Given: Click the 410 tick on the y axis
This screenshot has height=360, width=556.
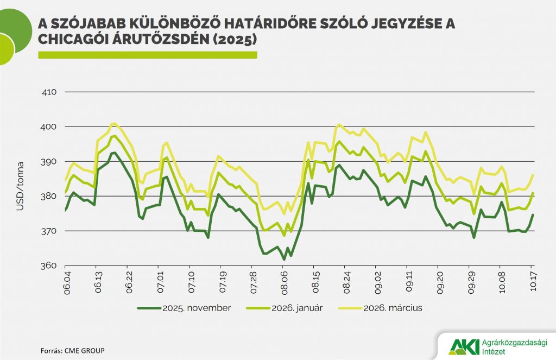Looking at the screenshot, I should (x=50, y=92).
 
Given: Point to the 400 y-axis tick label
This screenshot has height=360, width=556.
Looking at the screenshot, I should (x=50, y=127).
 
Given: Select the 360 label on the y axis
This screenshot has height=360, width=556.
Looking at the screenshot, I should (x=50, y=266).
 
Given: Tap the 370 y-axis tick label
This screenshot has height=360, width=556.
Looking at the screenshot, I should (x=50, y=231).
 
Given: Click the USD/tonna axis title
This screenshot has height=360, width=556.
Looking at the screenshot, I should (x=21, y=179).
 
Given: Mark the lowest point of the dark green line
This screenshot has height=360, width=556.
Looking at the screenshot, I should (x=284, y=260).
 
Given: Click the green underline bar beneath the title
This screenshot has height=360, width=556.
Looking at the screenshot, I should (x=147, y=55).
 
